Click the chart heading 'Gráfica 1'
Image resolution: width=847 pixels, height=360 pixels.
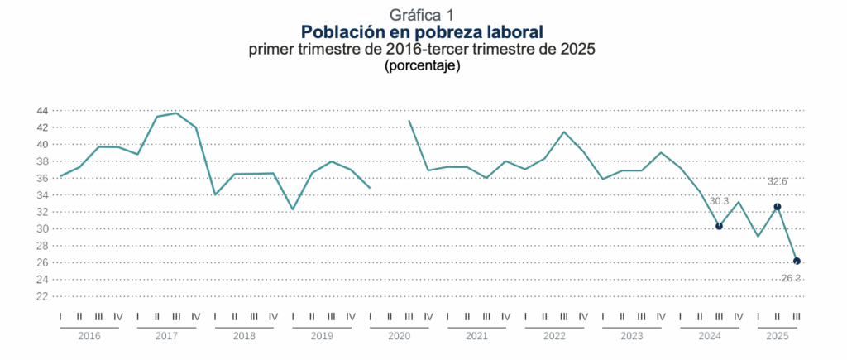pos(422,14)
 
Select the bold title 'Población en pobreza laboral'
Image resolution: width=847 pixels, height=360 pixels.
pos(422,32)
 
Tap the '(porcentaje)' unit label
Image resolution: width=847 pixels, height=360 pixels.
pos(422,65)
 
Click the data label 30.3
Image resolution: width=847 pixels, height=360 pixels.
pos(719,201)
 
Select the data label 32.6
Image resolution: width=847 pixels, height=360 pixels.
pos(777,181)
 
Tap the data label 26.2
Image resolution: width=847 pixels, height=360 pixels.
pos(791,278)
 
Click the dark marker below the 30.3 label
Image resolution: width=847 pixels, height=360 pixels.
pos(719,226)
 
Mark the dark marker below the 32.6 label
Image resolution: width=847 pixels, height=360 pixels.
pos(777,207)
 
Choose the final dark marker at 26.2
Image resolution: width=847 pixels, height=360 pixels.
pos(797,262)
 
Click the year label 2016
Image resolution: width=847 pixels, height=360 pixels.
pos(89,336)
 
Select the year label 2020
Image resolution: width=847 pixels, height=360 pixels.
pos(399,336)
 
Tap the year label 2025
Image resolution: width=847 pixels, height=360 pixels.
pos(777,336)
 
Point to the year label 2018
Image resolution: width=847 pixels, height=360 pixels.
pos(244,336)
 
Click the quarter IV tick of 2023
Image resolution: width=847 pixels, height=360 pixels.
pos(661,316)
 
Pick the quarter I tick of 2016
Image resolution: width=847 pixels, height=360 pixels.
pos(60,316)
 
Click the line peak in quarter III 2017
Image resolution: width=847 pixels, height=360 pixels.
pos(176,113)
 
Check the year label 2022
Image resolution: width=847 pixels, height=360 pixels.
pos(553,336)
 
